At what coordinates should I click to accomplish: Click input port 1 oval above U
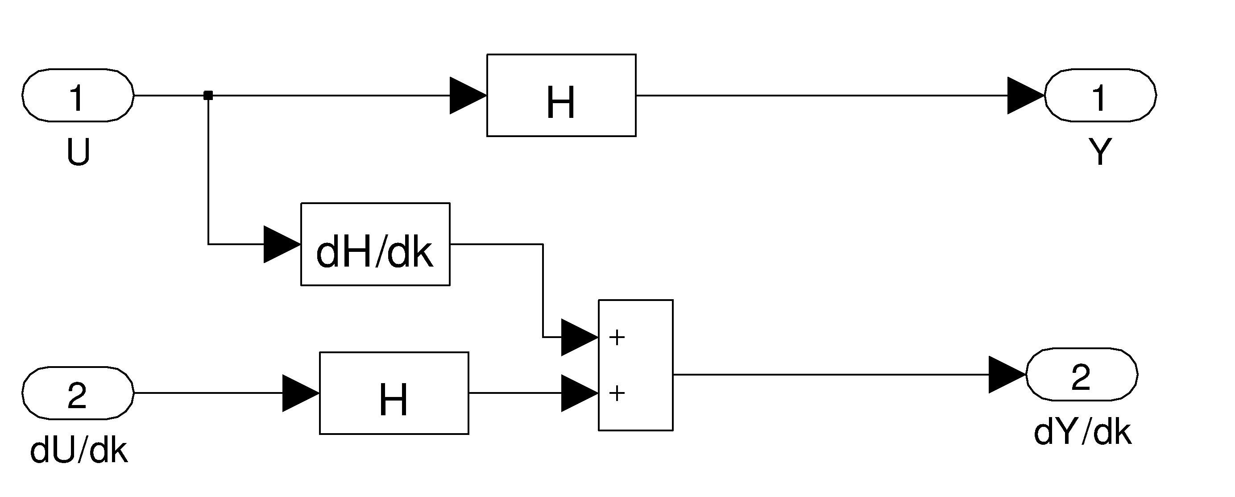point(78,96)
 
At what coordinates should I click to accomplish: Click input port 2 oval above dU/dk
point(78,393)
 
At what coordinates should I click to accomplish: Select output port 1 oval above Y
point(1100,96)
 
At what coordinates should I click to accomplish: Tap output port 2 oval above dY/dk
point(1081,374)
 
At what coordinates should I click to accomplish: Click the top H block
point(561,96)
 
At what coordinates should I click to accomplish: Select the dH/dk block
point(375,244)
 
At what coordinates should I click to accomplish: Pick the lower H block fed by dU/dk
point(394,393)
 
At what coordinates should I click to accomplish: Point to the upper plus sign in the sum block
point(617,338)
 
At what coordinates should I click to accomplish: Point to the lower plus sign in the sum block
point(617,393)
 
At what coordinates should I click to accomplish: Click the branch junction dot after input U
point(208,96)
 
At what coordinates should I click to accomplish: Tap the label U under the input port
point(78,153)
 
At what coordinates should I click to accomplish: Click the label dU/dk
point(79,451)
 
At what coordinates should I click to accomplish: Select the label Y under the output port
point(1100,153)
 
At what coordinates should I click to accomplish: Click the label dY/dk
point(1082,432)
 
